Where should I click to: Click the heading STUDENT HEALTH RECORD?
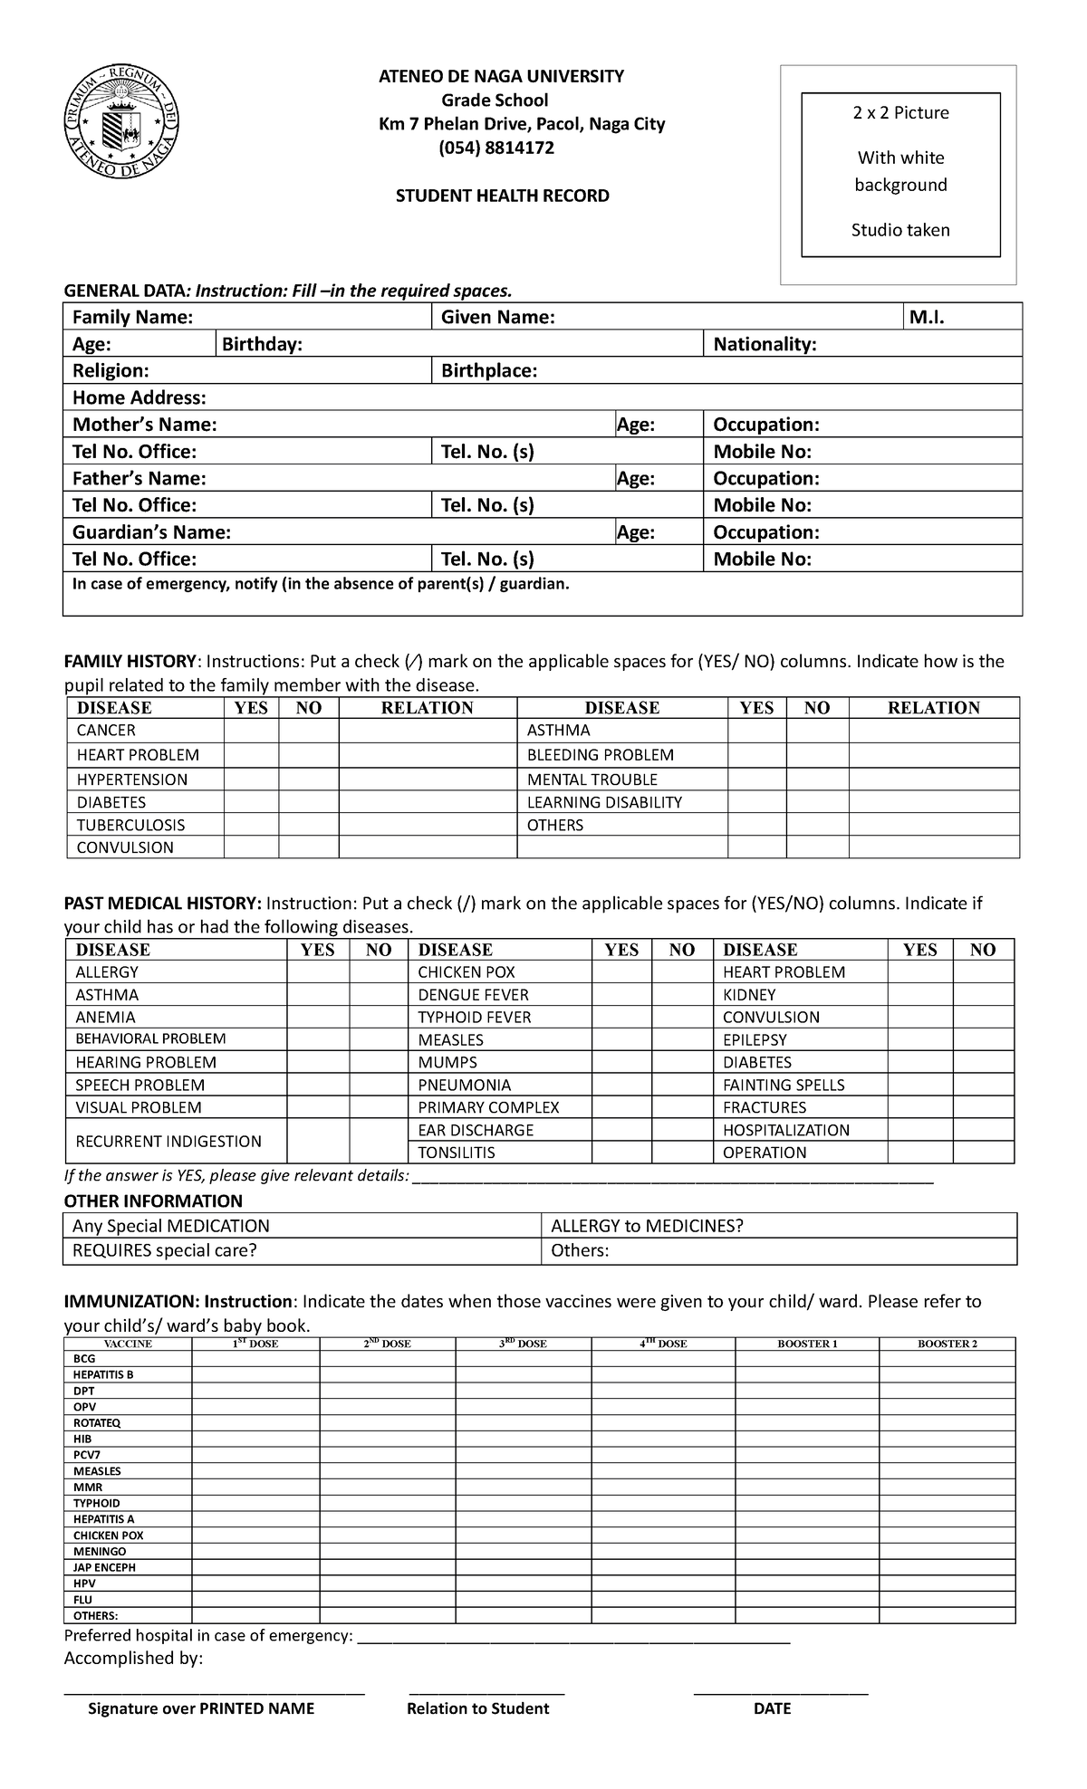(x=502, y=196)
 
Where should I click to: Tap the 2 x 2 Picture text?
(x=900, y=113)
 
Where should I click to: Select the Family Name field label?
(x=132, y=317)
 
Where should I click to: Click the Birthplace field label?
(x=489, y=371)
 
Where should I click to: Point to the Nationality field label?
(x=765, y=344)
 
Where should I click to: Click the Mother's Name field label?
(x=144, y=425)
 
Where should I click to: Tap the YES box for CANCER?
(x=251, y=731)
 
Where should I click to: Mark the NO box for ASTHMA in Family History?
(x=817, y=731)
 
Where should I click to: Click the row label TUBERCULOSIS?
(x=130, y=825)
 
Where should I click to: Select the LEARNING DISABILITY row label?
(x=604, y=802)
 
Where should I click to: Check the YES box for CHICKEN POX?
(x=621, y=972)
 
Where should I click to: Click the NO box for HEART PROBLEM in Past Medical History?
(x=982, y=972)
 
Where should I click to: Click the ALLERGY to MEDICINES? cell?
(x=647, y=1226)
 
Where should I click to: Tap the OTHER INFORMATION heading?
(x=153, y=1201)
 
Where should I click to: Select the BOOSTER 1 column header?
(x=807, y=1344)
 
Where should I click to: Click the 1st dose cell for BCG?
(x=255, y=1359)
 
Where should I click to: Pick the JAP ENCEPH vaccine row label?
(x=105, y=1567)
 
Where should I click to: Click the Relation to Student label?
(x=477, y=1708)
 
